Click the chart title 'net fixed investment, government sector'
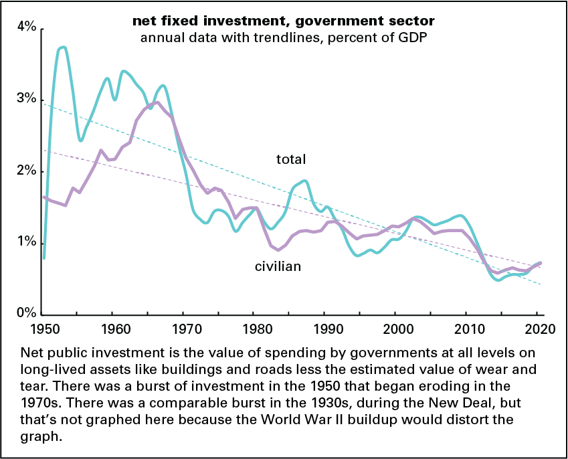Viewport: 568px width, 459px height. point(284,21)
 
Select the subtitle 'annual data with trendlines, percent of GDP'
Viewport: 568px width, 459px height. point(284,37)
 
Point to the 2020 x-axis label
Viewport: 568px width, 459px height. point(537,329)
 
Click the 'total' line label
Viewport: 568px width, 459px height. point(291,159)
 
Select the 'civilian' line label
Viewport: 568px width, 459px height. point(278,266)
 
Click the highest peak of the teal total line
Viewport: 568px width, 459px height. point(63,48)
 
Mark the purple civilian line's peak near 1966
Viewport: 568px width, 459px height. point(156,102)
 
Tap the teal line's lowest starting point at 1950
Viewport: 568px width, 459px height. point(43,258)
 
